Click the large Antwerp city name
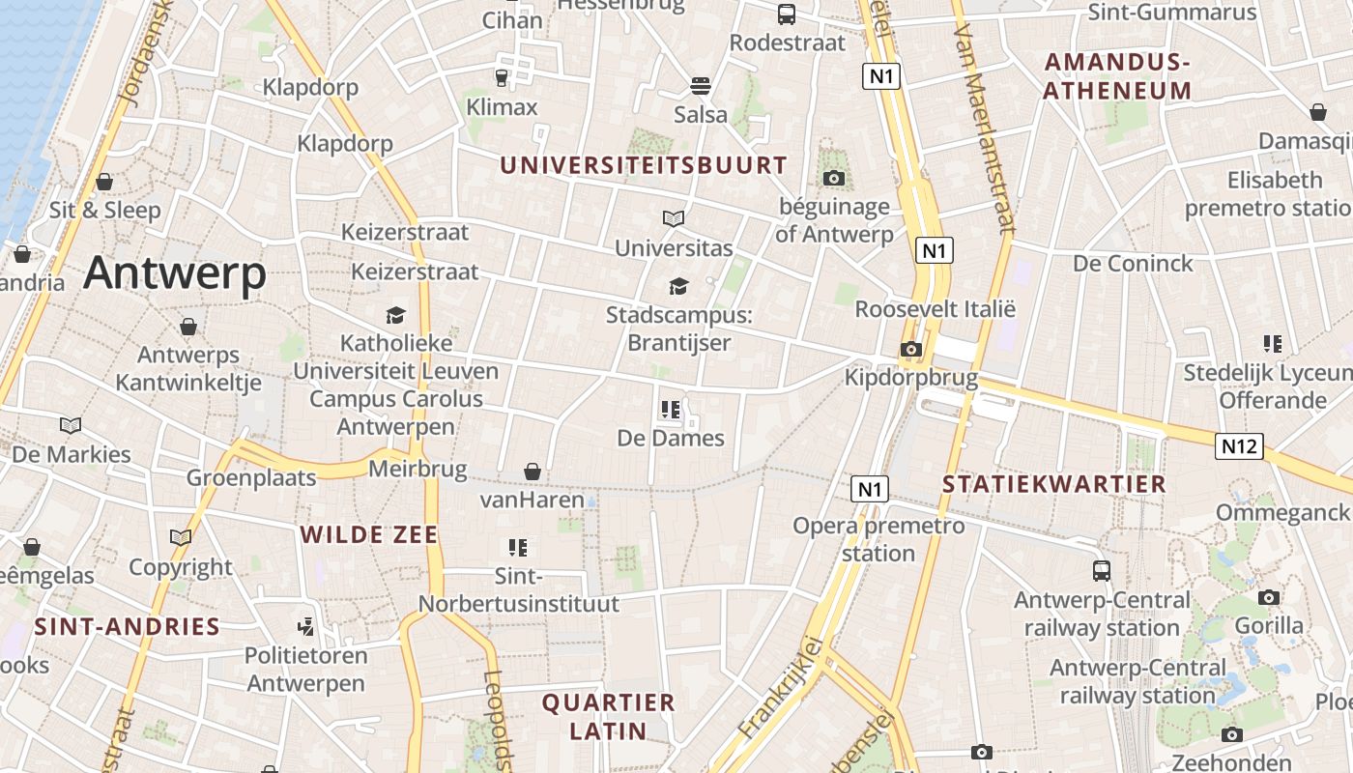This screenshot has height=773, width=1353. [x=174, y=273]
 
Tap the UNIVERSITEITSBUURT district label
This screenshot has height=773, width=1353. [x=643, y=165]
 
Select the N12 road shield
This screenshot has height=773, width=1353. [x=1238, y=445]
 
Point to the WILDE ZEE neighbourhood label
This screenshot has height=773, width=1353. [x=368, y=534]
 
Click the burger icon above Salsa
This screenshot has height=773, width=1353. [x=701, y=86]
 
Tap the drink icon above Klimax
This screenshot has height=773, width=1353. [x=502, y=77]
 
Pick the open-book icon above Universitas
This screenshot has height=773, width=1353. [x=674, y=219]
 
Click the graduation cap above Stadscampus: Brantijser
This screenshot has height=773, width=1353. [x=678, y=286]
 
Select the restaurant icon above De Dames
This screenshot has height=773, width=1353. [x=671, y=410]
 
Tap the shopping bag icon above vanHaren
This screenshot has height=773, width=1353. [x=532, y=472]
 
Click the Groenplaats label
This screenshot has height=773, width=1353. [x=251, y=477]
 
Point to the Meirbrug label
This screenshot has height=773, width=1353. [x=417, y=471]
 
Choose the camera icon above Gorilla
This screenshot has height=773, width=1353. [x=1269, y=597]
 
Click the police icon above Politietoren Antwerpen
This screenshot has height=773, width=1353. [x=305, y=626]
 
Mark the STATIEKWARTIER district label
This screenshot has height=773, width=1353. [x=1054, y=484]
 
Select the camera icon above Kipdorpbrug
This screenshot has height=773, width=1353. [x=910, y=349]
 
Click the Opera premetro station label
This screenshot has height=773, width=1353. [x=878, y=539]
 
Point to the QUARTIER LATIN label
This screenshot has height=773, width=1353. [x=608, y=716]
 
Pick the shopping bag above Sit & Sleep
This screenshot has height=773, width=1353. [x=104, y=182]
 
